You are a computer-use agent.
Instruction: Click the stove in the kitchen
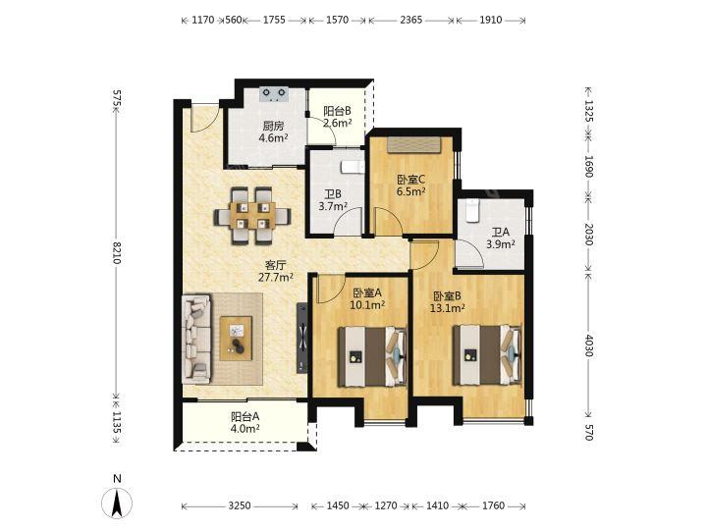(x=275, y=94)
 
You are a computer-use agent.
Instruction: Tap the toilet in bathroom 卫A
(x=472, y=211)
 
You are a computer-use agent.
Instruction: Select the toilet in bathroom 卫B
(x=353, y=167)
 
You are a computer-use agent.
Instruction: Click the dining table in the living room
(x=252, y=215)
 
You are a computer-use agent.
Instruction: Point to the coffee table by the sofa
(x=236, y=338)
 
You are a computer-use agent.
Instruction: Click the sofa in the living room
(x=196, y=339)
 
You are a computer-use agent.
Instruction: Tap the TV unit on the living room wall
(x=301, y=338)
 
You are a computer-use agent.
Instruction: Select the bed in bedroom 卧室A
(x=373, y=356)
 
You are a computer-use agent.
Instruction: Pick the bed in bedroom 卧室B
(x=487, y=355)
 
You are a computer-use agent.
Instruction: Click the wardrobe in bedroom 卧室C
(x=413, y=145)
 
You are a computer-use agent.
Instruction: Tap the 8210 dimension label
(x=117, y=252)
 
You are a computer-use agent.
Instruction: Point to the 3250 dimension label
(x=240, y=505)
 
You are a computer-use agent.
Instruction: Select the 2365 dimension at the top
(x=411, y=20)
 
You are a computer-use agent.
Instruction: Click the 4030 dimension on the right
(x=588, y=345)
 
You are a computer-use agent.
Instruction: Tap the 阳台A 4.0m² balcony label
(x=245, y=422)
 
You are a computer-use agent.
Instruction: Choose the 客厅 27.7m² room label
(x=276, y=271)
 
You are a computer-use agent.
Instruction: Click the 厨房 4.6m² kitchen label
(x=274, y=132)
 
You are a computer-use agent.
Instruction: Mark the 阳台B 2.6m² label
(x=337, y=117)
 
